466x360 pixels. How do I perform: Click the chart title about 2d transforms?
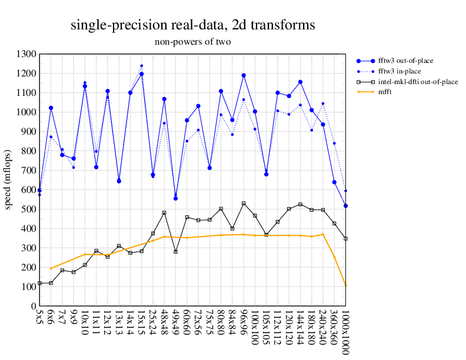coord(192,25)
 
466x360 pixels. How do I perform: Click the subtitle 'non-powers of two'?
coord(192,42)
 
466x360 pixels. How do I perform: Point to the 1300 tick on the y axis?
coord(28,54)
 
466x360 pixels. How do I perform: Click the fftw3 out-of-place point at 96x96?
coord(244,75)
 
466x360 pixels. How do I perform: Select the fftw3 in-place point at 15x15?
coord(141,66)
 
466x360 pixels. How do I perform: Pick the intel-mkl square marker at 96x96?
coord(244,204)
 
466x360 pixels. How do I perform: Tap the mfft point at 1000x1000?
coord(345,286)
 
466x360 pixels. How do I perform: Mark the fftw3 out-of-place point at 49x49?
coord(175,198)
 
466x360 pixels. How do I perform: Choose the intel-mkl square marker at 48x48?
coord(164,213)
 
